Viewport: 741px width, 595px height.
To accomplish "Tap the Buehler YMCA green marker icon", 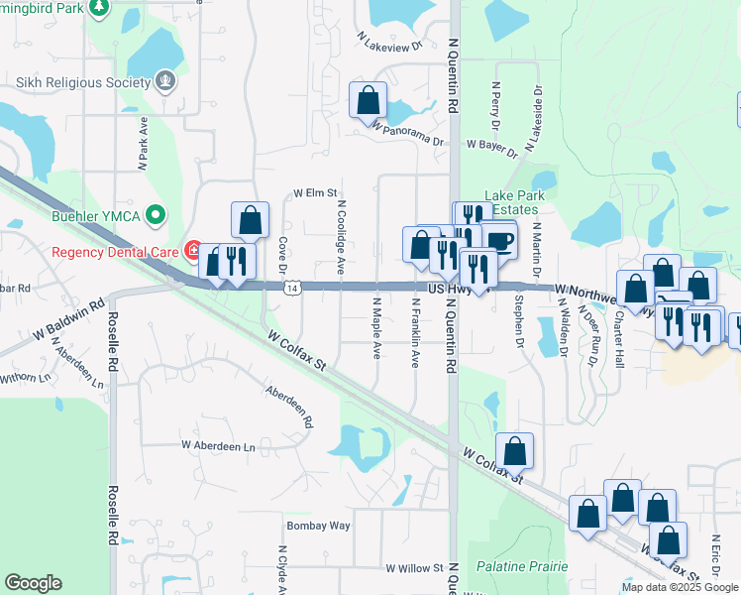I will point(154,214).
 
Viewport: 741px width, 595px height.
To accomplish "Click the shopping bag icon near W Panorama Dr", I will point(369,99).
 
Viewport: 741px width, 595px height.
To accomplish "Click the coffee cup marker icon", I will point(499,240).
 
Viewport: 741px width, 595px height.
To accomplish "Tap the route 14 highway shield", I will point(291,288).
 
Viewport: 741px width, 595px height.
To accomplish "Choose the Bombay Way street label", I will point(318,525).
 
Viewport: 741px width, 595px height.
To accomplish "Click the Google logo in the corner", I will point(33,583).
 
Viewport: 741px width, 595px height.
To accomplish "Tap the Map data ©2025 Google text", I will point(680,587).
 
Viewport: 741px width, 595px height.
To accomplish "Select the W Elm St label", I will point(315,193).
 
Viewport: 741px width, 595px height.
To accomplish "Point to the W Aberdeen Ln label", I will point(218,447).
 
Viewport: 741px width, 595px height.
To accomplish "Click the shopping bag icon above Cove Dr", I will point(251,220).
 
